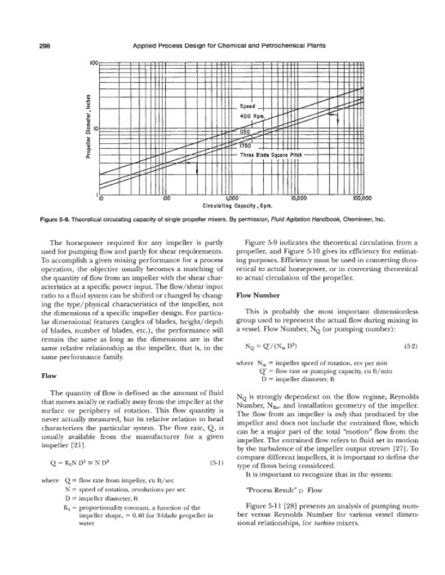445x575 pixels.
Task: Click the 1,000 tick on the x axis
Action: (231, 198)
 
